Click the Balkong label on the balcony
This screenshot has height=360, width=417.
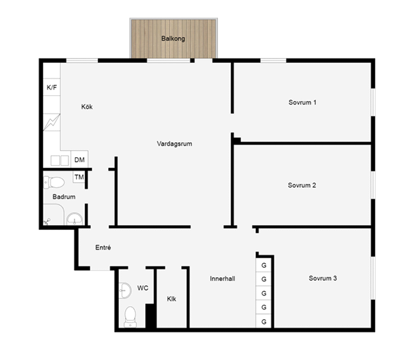tap(173, 39)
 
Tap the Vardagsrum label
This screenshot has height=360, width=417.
tap(174, 144)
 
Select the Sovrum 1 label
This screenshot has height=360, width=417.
tap(302, 102)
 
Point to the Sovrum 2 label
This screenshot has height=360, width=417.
tap(302, 185)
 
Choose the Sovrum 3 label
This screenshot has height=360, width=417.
tap(323, 278)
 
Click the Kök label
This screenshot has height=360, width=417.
tap(87, 107)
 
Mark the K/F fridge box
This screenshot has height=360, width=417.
tap(52, 87)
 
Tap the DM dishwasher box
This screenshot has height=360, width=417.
tap(80, 160)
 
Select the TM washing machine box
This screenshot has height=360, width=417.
tap(79, 177)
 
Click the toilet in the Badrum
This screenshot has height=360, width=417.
tap(54, 183)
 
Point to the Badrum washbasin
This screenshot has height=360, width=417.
tap(74, 219)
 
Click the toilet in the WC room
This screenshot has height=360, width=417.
tap(130, 317)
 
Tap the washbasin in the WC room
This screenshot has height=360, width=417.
tap(125, 290)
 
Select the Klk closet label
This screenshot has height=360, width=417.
tap(171, 299)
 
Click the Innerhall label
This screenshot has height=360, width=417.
tap(222, 279)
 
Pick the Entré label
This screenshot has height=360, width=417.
tap(103, 247)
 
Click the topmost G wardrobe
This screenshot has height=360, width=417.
tap(264, 265)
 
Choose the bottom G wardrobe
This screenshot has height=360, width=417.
tap(264, 321)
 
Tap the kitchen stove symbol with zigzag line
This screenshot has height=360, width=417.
tap(52, 122)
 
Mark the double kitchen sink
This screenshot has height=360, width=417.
tap(60, 160)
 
